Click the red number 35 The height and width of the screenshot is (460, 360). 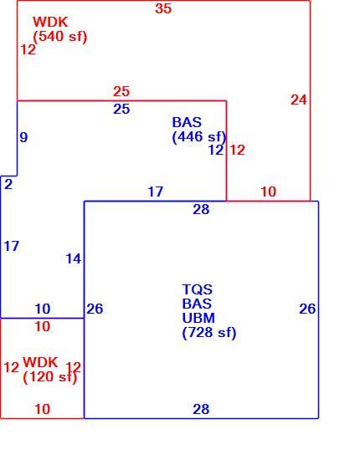pyautogui.click(x=163, y=8)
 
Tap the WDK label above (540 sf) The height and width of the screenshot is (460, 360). pyautogui.click(x=50, y=22)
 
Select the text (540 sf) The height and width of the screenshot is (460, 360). pyautogui.click(x=60, y=37)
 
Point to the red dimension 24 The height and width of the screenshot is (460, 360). pyautogui.click(x=299, y=100)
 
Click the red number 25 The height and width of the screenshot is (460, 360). pyautogui.click(x=121, y=91)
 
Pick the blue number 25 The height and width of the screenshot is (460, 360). pyautogui.click(x=121, y=109)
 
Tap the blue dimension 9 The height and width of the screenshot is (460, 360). pyautogui.click(x=23, y=137)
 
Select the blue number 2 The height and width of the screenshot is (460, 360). pyautogui.click(x=8, y=184)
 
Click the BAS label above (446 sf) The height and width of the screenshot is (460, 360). pyautogui.click(x=187, y=122)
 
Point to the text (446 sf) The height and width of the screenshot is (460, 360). pyautogui.click(x=199, y=137)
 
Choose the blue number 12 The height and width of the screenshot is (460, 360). pyautogui.click(x=216, y=151)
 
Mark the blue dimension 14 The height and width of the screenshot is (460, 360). pyautogui.click(x=73, y=258)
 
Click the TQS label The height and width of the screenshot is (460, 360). pyautogui.click(x=197, y=289)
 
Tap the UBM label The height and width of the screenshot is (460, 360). pyautogui.click(x=198, y=318)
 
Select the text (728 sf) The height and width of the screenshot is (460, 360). pyautogui.click(x=209, y=333)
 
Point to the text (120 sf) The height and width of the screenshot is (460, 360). pyautogui.click(x=50, y=377)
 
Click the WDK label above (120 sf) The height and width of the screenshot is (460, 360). pyautogui.click(x=40, y=362)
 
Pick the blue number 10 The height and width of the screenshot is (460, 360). pyautogui.click(x=43, y=309)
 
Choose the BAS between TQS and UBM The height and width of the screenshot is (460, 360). pyautogui.click(x=197, y=304)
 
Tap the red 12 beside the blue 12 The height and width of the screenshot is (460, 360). pyautogui.click(x=237, y=151)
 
